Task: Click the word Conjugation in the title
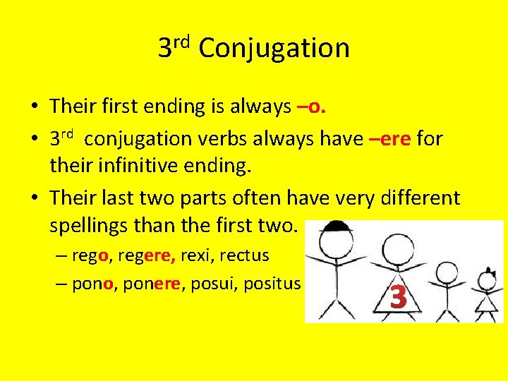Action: pos(274,49)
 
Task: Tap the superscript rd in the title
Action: pos(183,41)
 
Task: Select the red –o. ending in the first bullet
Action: pos(311,107)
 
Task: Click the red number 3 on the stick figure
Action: pos(399,298)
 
